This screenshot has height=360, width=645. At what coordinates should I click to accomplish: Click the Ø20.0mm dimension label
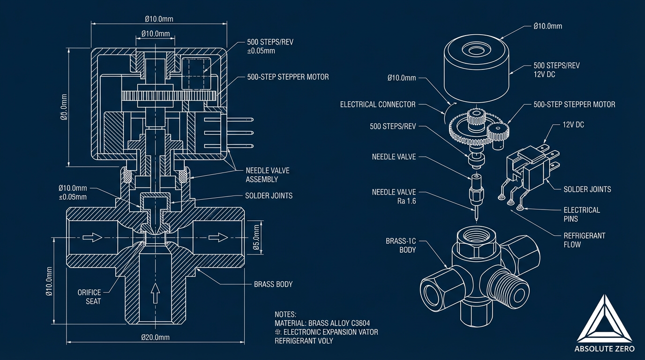point(155,337)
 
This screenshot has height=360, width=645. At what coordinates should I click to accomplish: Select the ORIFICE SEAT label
point(89,297)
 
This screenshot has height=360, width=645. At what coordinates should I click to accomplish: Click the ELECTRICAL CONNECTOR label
point(378,105)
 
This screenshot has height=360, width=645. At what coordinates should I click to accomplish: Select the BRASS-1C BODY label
point(401,246)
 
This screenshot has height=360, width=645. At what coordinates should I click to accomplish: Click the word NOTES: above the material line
point(286,315)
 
